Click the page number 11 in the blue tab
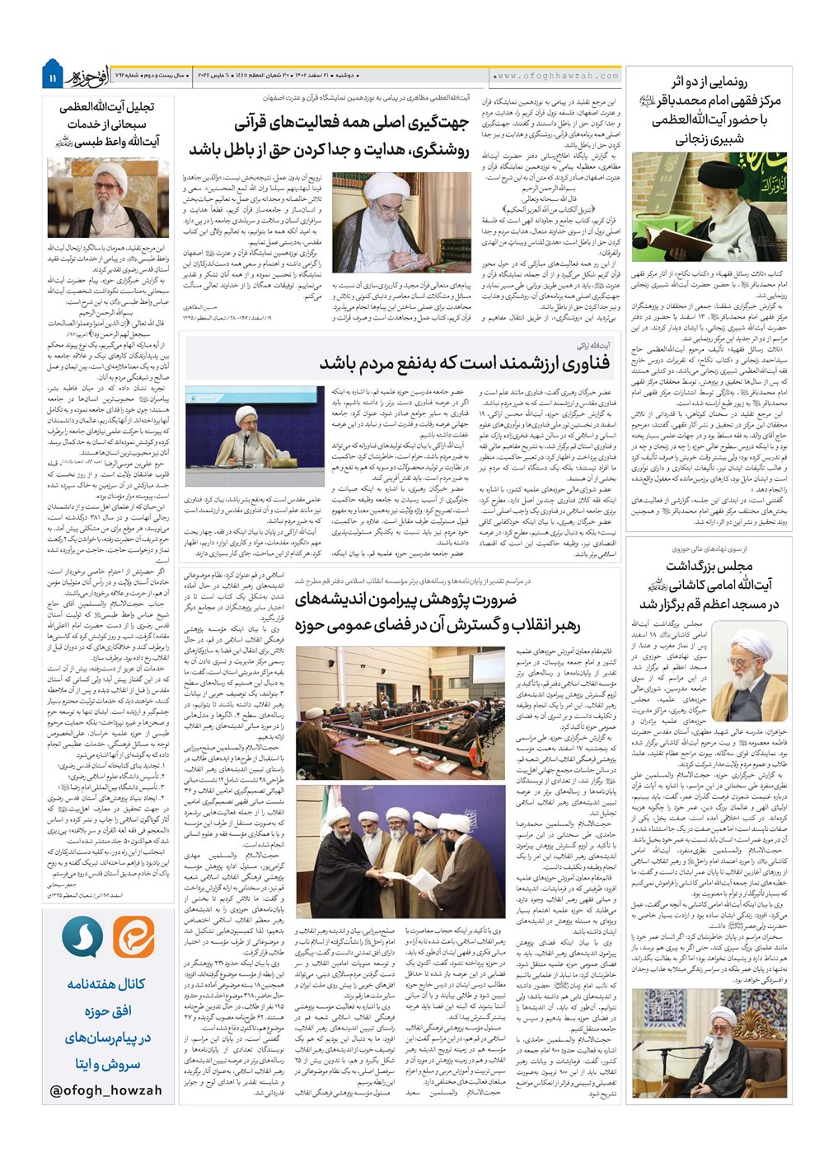click(51, 77)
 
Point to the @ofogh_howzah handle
click(106, 1090)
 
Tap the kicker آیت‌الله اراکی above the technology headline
click(593, 345)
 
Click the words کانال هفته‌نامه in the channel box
click(106, 983)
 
